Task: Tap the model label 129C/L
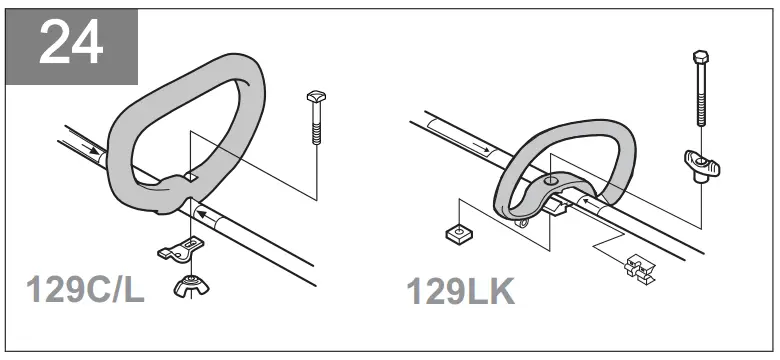[87, 290]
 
